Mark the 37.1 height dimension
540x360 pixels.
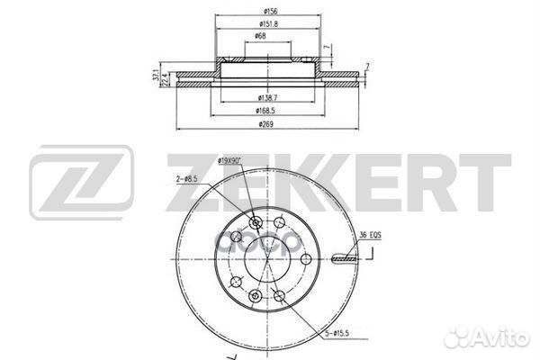[155, 74]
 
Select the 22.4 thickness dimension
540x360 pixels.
[165, 80]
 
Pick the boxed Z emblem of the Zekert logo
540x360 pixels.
[82, 185]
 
